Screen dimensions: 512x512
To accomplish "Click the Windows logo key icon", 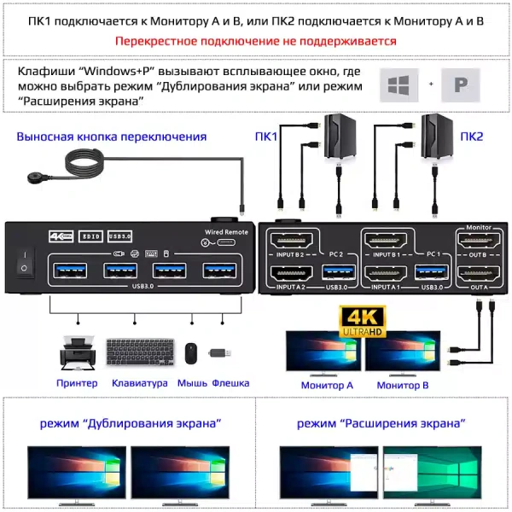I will tap(397, 85).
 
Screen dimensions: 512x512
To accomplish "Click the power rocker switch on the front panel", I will tap(25, 261).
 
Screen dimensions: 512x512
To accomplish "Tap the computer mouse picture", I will tap(191, 354).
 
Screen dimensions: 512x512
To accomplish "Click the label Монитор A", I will tap(327, 385).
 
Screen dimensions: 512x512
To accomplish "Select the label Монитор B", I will tap(403, 385).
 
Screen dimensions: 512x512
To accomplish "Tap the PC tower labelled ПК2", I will tap(437, 137).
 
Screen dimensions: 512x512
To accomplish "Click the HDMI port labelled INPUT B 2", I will tap(292, 241).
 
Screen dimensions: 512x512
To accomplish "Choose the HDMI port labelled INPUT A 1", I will tap(386, 275).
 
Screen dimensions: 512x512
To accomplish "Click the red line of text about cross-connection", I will tap(255, 40).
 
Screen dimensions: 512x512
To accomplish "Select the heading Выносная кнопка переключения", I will tap(112, 137).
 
